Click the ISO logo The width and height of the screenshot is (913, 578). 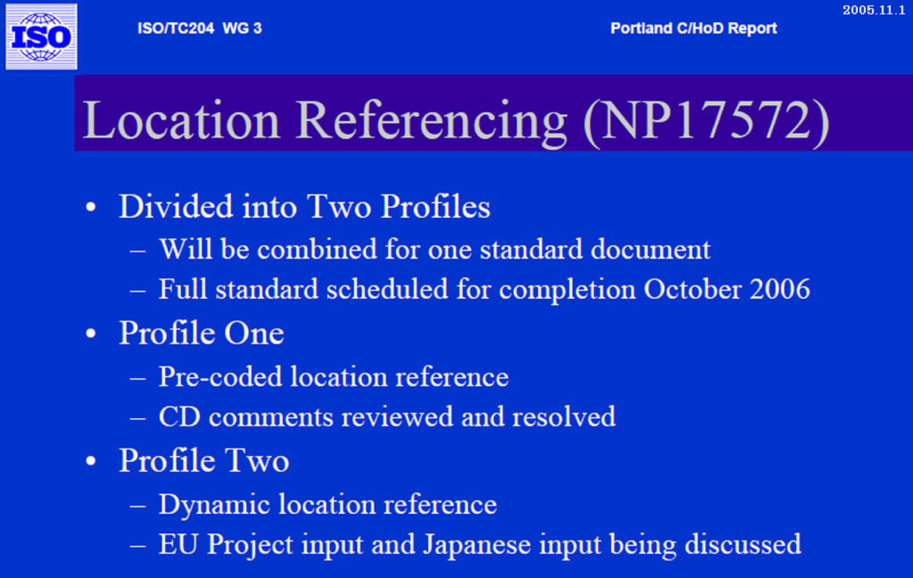click(41, 37)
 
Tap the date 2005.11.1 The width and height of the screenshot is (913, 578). click(874, 10)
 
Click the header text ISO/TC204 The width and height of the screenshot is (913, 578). click(176, 28)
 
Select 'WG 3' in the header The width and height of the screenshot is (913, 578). click(242, 28)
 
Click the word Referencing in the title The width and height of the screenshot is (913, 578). click(432, 121)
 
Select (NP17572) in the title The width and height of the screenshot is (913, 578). click(707, 121)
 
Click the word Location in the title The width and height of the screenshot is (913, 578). click(181, 120)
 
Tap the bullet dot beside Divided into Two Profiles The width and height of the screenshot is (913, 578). click(91, 207)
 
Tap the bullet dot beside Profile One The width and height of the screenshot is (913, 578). click(91, 334)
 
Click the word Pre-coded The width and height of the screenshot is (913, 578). click(220, 376)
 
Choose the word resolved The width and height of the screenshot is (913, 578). click(564, 416)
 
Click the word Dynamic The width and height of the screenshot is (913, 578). click(214, 505)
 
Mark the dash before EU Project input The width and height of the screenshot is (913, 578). click(138, 546)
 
